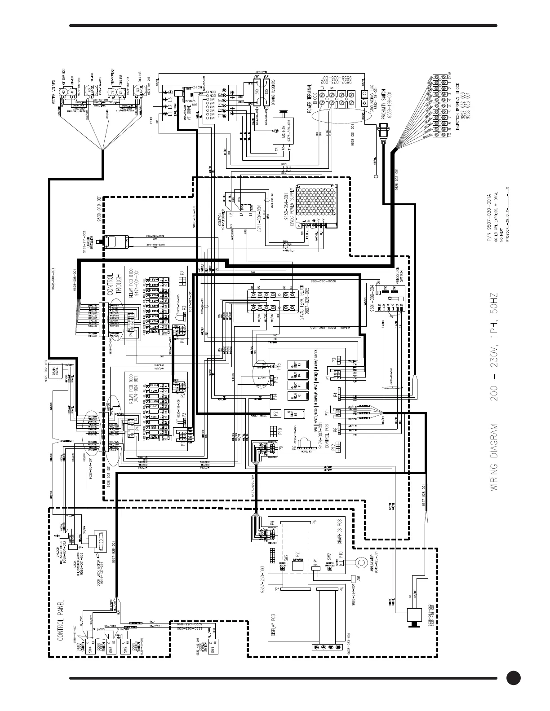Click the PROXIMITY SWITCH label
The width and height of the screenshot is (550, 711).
coord(389,105)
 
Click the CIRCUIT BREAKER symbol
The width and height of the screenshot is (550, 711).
coord(117,241)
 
